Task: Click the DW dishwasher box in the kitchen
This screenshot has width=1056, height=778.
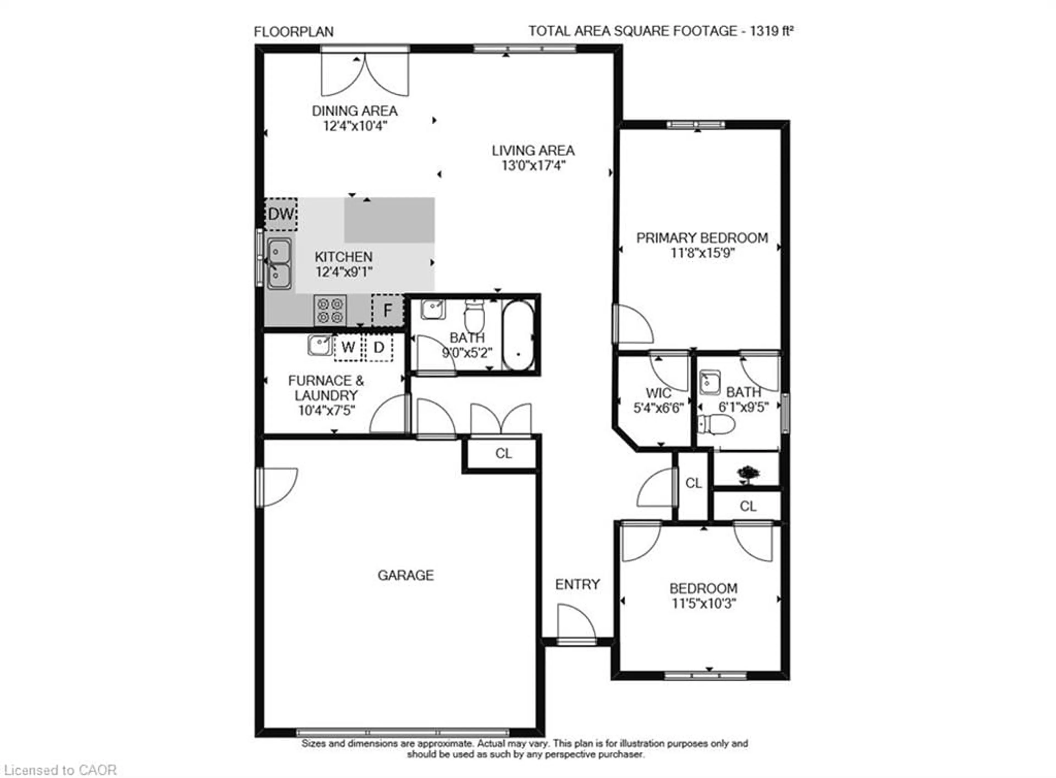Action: (x=280, y=214)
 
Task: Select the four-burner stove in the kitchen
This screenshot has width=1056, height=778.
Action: (x=330, y=310)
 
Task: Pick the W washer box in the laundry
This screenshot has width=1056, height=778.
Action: (x=348, y=347)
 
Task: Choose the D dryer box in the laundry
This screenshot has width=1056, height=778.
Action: (x=379, y=347)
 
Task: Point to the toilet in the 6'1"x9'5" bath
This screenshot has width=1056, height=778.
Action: (x=717, y=424)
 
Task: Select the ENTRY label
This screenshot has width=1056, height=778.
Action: (x=577, y=584)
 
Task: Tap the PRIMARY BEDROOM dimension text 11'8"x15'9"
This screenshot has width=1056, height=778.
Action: (x=702, y=253)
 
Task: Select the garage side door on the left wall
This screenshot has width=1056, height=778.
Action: (x=277, y=486)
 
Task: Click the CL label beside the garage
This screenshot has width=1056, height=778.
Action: (x=503, y=454)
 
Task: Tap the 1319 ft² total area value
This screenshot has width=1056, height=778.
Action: (x=771, y=31)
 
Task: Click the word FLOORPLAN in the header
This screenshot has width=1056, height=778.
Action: (x=294, y=32)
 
